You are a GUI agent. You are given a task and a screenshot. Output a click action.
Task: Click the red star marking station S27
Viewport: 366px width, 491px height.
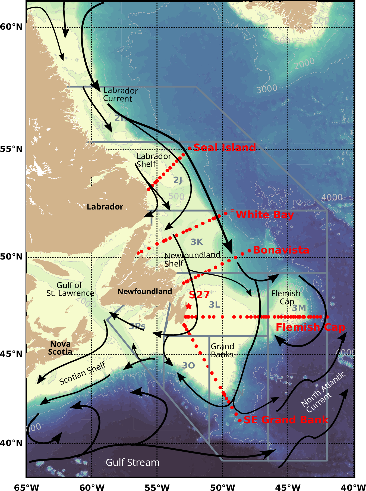pos(188,307)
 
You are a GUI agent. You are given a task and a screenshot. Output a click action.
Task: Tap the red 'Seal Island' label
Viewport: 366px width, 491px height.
pos(225,148)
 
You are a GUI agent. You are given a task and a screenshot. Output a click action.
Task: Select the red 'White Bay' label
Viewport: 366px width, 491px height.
pos(265,215)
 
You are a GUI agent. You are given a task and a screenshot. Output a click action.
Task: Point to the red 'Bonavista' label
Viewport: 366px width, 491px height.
pos(281,250)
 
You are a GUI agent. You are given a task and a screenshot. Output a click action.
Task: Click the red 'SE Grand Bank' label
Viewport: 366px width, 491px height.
pos(286,420)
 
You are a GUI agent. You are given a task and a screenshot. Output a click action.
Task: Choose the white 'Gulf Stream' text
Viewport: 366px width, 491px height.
pos(132,462)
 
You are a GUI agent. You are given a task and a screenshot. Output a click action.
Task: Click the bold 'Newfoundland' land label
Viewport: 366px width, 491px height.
pos(145,292)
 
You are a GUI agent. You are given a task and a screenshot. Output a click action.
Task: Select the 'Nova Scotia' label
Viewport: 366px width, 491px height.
pos(60,348)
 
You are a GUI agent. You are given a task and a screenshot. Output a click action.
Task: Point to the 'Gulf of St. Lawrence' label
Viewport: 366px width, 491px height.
pos(70,289)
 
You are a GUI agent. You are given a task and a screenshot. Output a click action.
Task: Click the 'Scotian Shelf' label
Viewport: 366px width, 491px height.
pos(82,374)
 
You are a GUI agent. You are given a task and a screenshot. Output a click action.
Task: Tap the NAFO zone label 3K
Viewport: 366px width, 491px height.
pos(197,242)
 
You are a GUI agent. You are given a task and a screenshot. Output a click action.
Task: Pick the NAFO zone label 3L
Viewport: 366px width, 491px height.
pos(214,305)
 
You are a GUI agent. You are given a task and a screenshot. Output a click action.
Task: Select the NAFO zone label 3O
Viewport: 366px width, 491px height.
pos(188,365)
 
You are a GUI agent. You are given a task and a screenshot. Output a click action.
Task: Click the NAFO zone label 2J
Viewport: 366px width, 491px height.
pos(178,180)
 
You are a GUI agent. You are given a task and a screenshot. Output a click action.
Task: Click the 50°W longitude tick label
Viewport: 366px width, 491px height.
pos(222,487)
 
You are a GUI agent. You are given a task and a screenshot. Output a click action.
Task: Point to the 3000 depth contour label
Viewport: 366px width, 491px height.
pos(267,89)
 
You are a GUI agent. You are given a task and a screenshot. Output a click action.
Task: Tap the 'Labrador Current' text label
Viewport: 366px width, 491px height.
pos(120,95)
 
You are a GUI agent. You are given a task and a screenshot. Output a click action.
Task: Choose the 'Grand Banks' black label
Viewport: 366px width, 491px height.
pos(222,351)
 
